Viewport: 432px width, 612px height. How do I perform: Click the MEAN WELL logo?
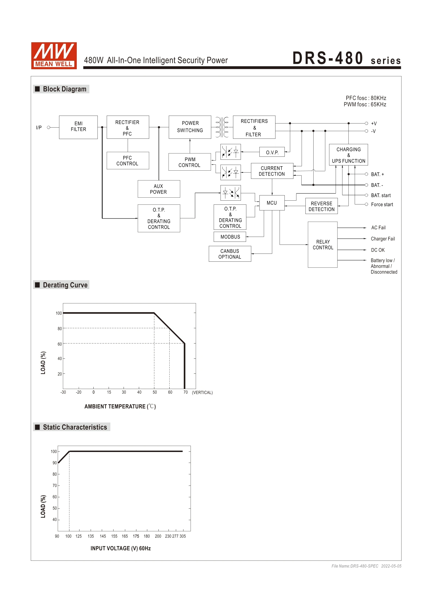click(x=54, y=56)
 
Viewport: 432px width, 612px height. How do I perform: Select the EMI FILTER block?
click(x=78, y=127)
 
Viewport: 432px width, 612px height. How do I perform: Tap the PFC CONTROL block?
click(x=128, y=161)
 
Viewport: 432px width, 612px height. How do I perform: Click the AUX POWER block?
click(x=159, y=189)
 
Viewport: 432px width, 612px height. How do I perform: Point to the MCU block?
click(x=272, y=203)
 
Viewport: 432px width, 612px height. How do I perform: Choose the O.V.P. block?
click(x=272, y=152)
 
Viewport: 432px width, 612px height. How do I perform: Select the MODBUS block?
click(x=230, y=237)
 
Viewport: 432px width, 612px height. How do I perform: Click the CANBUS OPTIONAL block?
click(x=230, y=254)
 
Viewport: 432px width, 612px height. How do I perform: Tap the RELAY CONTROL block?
click(x=323, y=245)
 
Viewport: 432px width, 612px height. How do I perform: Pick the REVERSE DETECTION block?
click(x=321, y=206)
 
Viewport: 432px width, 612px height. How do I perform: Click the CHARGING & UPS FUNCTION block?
click(x=348, y=155)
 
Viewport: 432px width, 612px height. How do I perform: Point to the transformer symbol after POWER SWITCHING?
click(x=222, y=127)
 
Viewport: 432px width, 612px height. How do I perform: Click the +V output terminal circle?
click(x=366, y=123)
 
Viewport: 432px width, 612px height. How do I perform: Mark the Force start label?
click(x=382, y=204)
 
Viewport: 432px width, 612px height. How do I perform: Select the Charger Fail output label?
click(x=383, y=239)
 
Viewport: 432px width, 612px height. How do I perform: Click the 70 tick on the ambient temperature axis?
click(x=185, y=392)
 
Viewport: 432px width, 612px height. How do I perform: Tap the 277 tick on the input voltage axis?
click(x=175, y=536)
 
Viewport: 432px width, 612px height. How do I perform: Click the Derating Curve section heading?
click(x=65, y=285)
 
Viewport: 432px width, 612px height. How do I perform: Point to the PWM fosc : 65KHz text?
click(x=365, y=104)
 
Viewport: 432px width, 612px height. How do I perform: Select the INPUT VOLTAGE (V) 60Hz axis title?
click(x=121, y=548)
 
